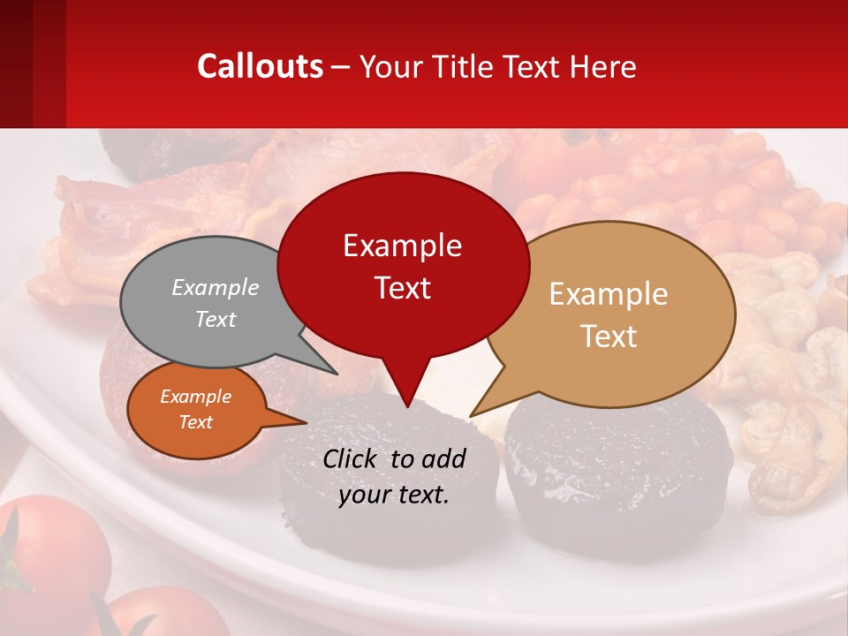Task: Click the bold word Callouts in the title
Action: [x=260, y=66]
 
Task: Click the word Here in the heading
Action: [x=603, y=66]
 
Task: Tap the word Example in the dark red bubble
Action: [x=402, y=246]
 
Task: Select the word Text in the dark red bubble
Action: [x=402, y=287]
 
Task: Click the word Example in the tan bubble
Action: [x=608, y=294]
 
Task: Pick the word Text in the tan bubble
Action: [x=609, y=336]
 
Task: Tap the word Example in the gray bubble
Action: [x=216, y=287]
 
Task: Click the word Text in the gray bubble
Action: [x=216, y=319]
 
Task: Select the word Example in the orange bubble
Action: [x=196, y=397]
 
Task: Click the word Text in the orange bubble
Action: [x=196, y=422]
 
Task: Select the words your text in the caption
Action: [x=394, y=496]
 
